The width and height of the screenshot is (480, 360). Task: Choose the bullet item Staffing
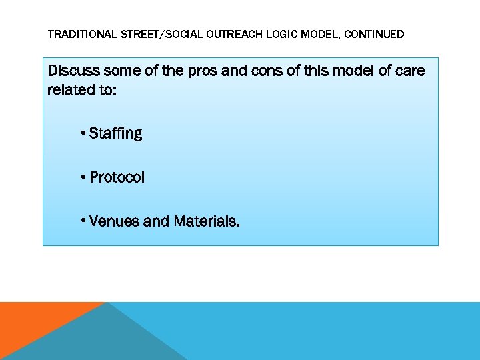click(115, 133)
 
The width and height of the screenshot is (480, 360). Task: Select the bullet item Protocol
click(117, 177)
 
